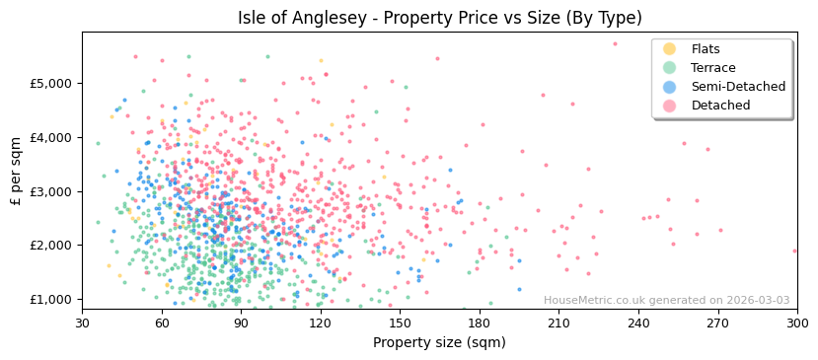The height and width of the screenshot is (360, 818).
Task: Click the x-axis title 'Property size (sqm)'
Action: coord(439,342)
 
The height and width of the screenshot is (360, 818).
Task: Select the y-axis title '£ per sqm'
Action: coord(17,172)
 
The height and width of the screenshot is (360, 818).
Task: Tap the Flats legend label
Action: coord(706,49)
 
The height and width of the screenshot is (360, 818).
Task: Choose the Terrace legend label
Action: coord(711,68)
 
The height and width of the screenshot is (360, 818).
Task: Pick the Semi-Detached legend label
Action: coord(738,87)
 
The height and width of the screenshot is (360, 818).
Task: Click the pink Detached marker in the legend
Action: coord(669,106)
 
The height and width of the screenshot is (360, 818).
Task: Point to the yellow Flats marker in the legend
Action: coord(669,49)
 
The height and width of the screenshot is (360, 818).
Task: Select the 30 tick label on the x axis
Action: coord(82,323)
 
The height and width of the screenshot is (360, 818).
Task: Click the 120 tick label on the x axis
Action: coord(320,323)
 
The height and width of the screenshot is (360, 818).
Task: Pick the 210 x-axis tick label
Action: coord(558,323)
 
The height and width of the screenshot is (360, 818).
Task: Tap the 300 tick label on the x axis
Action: coord(796,323)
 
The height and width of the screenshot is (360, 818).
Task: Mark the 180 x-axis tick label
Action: coord(479,323)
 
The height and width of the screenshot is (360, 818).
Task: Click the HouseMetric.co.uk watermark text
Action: coord(666,301)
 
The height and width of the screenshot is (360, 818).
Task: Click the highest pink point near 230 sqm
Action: coord(615,43)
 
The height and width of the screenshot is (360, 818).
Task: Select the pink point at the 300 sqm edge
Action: coord(794,251)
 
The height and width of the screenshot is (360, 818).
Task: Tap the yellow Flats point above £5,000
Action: coord(321,61)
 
